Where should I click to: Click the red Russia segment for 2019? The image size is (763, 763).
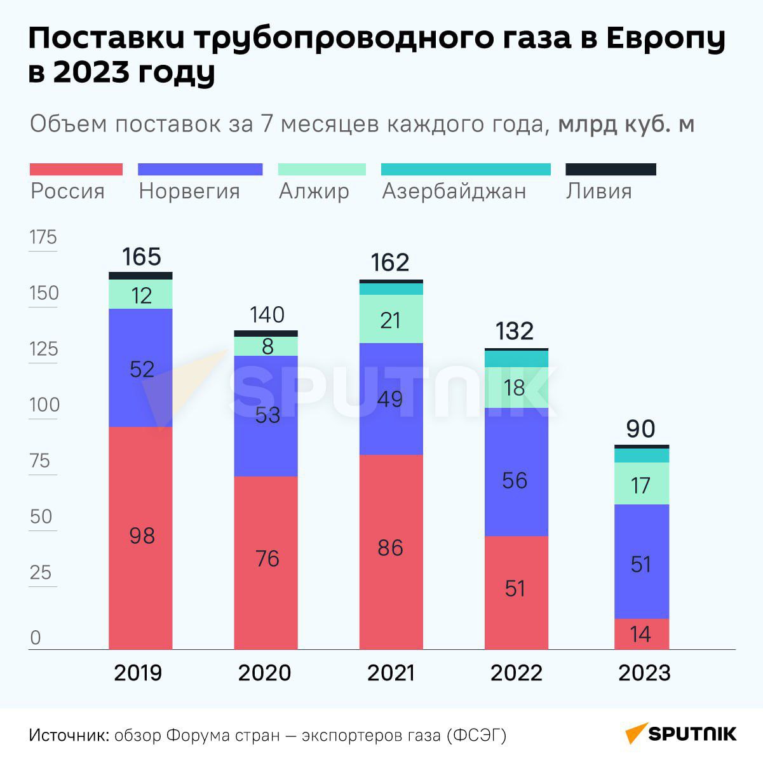coord(140,537)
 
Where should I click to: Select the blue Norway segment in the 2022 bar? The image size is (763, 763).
coord(516,471)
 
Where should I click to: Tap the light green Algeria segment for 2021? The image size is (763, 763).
coord(391,320)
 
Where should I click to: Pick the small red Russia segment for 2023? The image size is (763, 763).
coord(642,634)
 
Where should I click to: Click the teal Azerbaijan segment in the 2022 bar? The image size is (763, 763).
coord(516,359)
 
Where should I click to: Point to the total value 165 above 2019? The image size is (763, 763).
coord(141,257)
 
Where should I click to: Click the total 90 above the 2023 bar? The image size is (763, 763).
coord(640,429)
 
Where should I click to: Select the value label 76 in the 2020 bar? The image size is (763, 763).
coord(267,558)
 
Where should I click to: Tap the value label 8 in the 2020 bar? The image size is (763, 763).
coord(267,346)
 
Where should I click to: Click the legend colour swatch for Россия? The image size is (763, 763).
coord(76,169)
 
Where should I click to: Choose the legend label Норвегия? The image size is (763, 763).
coord(189,191)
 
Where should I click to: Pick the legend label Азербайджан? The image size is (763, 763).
coord(454,191)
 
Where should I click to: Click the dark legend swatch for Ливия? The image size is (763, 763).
coord(611,169)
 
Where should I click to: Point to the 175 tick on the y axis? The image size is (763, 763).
coord(43,238)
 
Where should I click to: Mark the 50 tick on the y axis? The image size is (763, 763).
coord(41,517)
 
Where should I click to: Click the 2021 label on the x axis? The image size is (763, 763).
coord(391,673)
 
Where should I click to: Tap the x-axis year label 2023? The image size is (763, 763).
coord(644,673)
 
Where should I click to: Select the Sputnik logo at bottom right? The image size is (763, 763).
coord(680,734)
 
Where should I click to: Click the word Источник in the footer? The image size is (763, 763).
coord(69,736)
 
